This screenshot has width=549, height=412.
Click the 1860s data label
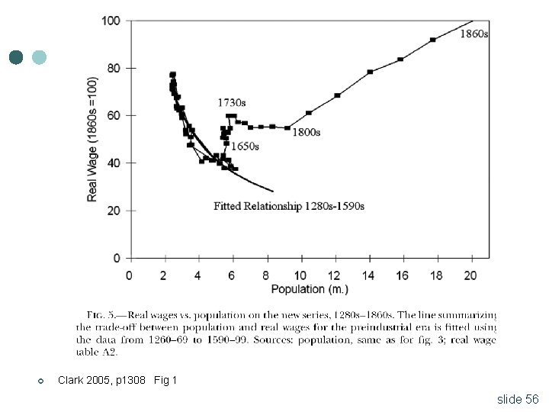pos(474,34)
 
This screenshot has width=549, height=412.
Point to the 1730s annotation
pos(232,102)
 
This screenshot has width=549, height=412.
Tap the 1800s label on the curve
pos(307,132)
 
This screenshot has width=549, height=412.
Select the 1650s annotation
pos(244,146)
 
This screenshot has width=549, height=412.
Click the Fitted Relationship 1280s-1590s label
pos(289,206)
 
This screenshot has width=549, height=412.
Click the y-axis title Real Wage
pos(92,138)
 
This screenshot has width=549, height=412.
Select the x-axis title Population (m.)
pos(310,288)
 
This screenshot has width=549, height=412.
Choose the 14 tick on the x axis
pos(368,275)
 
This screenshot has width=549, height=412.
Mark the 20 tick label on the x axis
pos(471,275)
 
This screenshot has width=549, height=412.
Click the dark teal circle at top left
pos(16,57)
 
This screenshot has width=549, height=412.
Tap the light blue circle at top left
pos(40,57)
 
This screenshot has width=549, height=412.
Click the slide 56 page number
pos(518,399)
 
